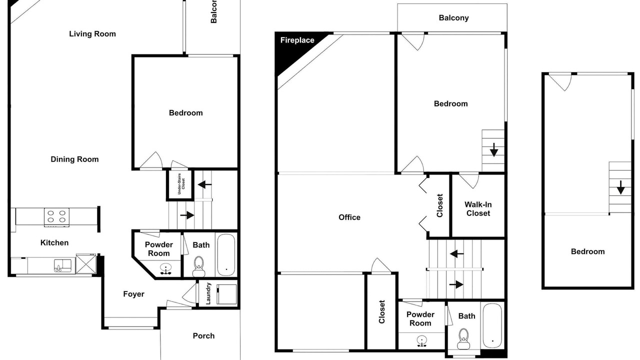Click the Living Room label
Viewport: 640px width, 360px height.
pyautogui.click(x=92, y=34)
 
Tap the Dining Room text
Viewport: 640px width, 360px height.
pyautogui.click(x=74, y=159)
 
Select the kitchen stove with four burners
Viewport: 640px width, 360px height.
pyautogui.click(x=56, y=216)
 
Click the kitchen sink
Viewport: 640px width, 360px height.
pyautogui.click(x=62, y=265)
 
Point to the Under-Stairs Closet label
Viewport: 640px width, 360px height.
pyautogui.click(x=181, y=183)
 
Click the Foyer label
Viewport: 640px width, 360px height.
pyautogui.click(x=133, y=294)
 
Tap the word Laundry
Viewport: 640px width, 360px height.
pyautogui.click(x=208, y=293)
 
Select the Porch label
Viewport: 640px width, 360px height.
pyautogui.click(x=203, y=335)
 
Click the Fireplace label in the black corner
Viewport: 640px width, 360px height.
pyautogui.click(x=297, y=40)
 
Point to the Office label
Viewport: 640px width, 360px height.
pyautogui.click(x=349, y=217)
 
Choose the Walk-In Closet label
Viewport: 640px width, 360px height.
pyautogui.click(x=478, y=209)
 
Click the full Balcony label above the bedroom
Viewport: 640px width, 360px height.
pyautogui.click(x=453, y=18)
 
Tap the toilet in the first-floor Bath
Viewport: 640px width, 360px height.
pyautogui.click(x=198, y=266)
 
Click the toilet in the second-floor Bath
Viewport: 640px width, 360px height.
pyautogui.click(x=463, y=339)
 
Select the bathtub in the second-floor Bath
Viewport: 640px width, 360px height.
pyautogui.click(x=492, y=325)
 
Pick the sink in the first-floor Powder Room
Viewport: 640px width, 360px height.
pyautogui.click(x=165, y=269)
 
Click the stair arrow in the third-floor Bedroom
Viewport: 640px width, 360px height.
pyautogui.click(x=620, y=187)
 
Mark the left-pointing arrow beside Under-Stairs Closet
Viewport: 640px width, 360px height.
pyautogui.click(x=204, y=184)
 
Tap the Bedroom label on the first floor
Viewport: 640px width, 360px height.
pyautogui.click(x=185, y=113)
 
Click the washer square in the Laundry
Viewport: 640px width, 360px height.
pyautogui.click(x=226, y=294)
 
